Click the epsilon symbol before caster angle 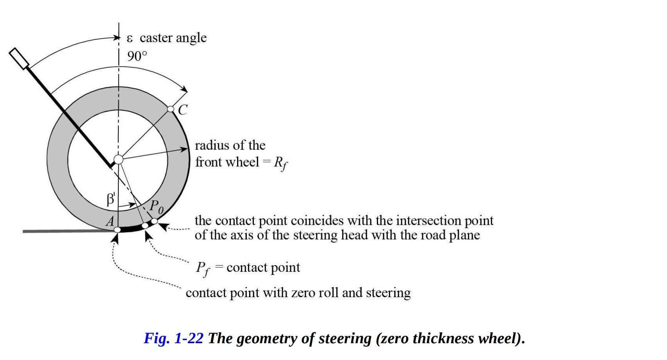point(130,38)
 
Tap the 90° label point(137,56)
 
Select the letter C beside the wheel point(182,110)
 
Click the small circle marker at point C point(171,109)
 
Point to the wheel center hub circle point(118,159)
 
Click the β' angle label point(111,200)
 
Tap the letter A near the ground point(110,221)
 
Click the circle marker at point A point(117,230)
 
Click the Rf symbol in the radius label point(280,163)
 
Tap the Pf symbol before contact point point(203,268)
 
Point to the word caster point(156,38)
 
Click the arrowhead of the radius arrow point(185,149)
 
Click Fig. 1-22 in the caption point(173,338)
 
